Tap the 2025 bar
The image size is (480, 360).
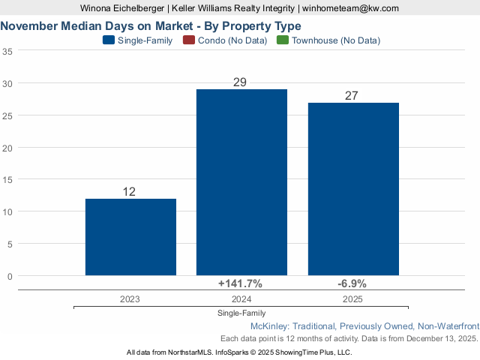[353, 189]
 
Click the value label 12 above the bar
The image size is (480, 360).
[129, 192]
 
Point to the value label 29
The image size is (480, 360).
[240, 82]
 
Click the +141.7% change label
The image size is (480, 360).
[240, 283]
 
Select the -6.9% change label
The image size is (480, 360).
[353, 283]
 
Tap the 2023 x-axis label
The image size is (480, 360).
[129, 298]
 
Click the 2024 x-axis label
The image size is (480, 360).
[240, 298]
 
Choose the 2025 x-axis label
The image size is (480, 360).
[353, 298]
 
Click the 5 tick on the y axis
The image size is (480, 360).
[10, 244]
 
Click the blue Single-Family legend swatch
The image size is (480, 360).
[108, 40]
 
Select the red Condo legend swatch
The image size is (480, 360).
[188, 40]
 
